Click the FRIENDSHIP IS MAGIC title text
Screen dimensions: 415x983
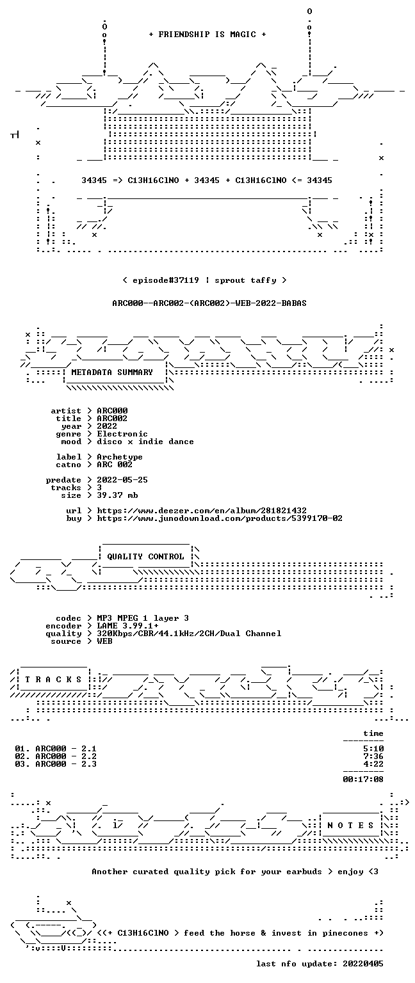[x=207, y=34]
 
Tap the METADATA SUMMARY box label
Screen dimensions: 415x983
[x=112, y=372]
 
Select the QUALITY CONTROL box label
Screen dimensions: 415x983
[x=145, y=556]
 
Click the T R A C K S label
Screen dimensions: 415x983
[x=53, y=679]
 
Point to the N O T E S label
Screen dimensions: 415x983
[x=350, y=826]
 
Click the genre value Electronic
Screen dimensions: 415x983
[x=122, y=434]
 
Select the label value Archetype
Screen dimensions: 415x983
[x=120, y=458]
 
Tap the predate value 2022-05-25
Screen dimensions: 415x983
[x=122, y=480]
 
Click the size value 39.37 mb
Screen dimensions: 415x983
[x=117, y=495]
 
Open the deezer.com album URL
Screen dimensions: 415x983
[x=202, y=511]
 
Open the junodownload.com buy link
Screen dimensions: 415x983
[x=220, y=518]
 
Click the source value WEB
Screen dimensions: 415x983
[x=104, y=641]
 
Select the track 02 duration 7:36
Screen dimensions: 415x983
[x=373, y=756]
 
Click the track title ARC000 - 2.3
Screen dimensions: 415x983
[x=66, y=764]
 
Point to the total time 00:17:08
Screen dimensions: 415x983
[x=363, y=779]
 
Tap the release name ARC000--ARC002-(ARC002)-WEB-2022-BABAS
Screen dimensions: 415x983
[x=209, y=303]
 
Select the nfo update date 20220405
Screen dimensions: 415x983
[x=363, y=964]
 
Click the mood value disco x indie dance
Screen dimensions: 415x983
[x=145, y=442]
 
